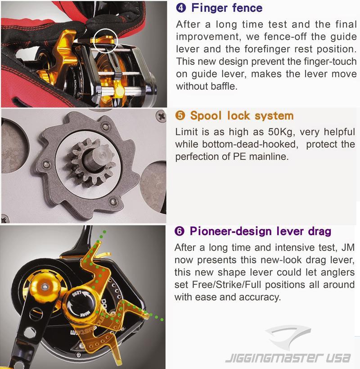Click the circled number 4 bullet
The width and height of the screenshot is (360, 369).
(181, 8)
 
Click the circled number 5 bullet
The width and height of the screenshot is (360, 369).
(180, 115)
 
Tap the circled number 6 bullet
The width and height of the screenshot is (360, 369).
(180, 231)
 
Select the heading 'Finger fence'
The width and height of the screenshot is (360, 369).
(227, 8)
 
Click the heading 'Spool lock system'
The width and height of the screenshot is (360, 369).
(242, 116)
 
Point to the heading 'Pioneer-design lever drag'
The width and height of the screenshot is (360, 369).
(261, 231)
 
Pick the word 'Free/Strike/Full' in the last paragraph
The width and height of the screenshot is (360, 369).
(226, 284)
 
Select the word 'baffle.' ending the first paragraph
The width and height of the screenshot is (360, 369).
(224, 86)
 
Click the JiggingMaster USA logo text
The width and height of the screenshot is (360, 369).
(288, 358)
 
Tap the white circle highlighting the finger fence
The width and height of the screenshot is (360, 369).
(105, 30)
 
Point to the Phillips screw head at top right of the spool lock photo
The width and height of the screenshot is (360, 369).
(161, 116)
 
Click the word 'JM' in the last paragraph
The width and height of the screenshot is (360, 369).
(348, 247)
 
